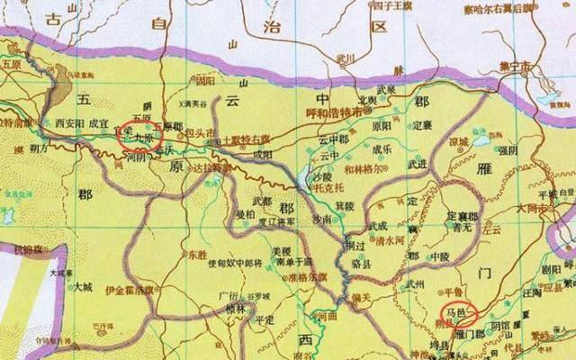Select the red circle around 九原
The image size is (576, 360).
coord(139,134)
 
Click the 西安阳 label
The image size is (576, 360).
coord(67,119)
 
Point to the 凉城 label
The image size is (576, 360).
coord(459,142)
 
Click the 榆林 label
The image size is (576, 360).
coord(236,307)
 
